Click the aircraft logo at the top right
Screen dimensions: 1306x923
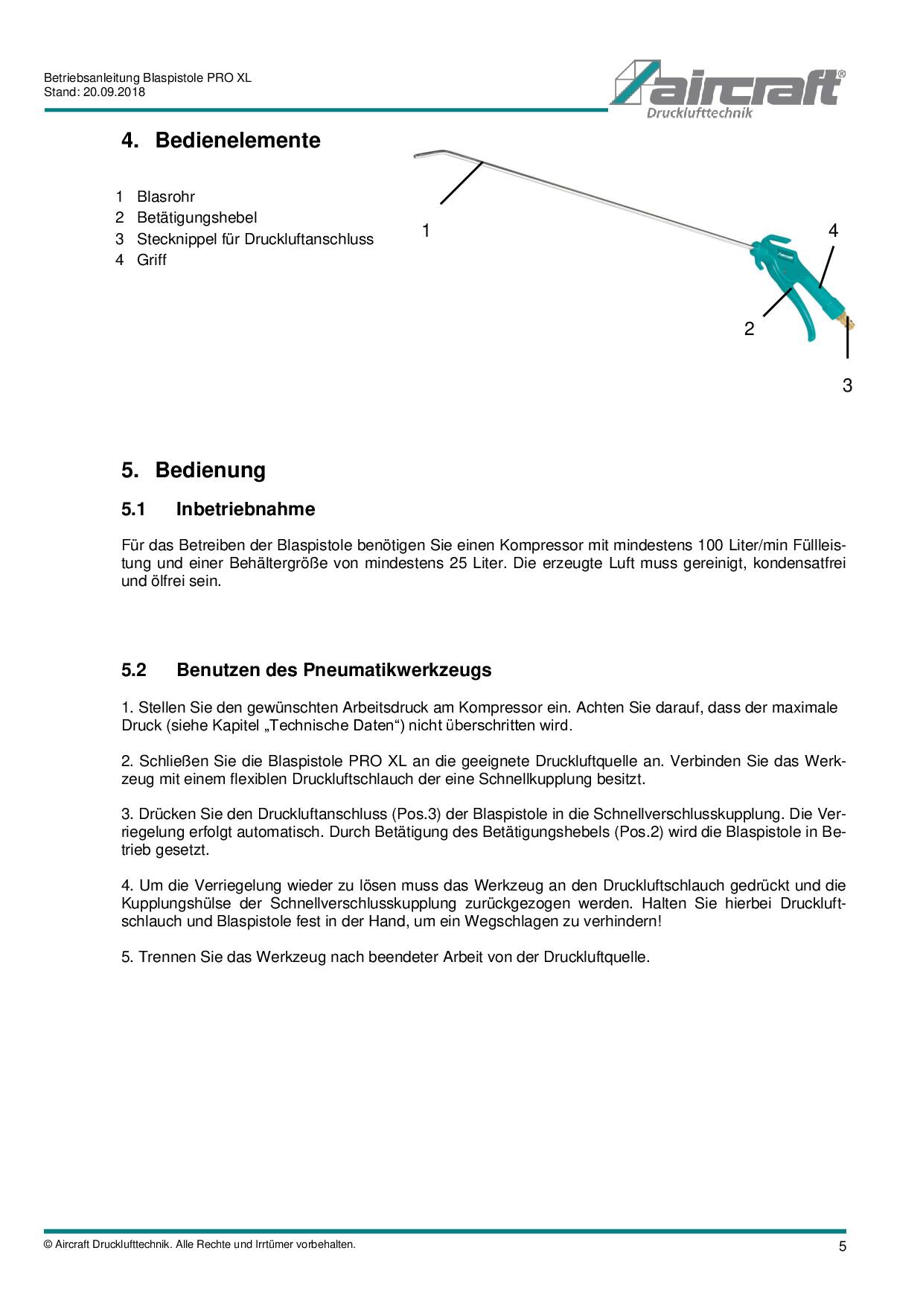[x=727, y=89]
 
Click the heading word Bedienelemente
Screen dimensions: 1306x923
[x=237, y=141]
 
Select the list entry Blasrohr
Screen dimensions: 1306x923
[x=165, y=197]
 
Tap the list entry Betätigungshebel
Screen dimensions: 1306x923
[x=197, y=218]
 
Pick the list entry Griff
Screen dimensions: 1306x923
[x=151, y=261]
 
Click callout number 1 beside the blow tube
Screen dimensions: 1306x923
[x=426, y=231]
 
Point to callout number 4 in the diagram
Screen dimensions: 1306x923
[x=833, y=231]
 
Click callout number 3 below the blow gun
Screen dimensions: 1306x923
[x=847, y=386]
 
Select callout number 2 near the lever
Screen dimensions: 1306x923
[x=749, y=329]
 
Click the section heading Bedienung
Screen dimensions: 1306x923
[x=210, y=471]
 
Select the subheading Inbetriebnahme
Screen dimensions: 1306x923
[x=245, y=509]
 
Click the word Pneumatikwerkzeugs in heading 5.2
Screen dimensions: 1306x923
[x=397, y=670]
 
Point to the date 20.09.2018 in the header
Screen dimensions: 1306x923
[x=114, y=92]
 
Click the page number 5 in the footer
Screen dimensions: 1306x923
[x=843, y=1246]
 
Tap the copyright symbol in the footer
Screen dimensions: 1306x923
[x=48, y=1245]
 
